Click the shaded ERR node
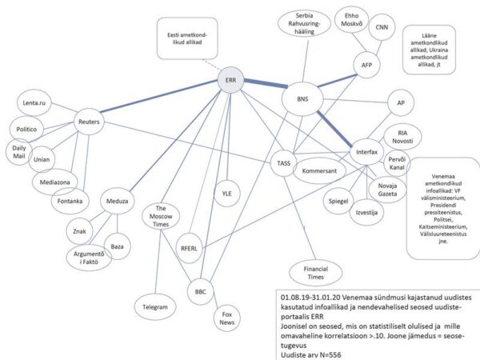(231, 81)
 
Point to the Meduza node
(120, 201)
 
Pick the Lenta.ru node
(38, 102)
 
